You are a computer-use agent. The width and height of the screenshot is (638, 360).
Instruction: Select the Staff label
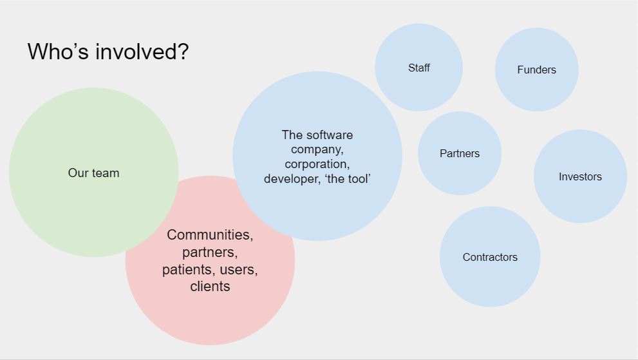(418, 68)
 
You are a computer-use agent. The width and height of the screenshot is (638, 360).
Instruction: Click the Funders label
(536, 70)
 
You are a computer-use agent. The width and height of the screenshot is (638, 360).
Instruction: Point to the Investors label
(580, 176)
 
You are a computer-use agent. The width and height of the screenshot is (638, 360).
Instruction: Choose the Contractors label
(490, 257)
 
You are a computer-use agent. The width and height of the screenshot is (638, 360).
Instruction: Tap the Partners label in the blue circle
(460, 153)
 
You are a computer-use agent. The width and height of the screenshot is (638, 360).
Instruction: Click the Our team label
(93, 173)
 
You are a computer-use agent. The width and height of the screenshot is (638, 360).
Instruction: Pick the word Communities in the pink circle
(209, 235)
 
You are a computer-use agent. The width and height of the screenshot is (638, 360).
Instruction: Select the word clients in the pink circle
(210, 287)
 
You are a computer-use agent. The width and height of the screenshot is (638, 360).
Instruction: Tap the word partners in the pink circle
(209, 252)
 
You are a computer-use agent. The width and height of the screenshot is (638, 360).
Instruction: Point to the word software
(329, 135)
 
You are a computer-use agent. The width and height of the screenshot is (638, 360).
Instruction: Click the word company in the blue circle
(317, 150)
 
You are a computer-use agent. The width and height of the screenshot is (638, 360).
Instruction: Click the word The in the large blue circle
(292, 135)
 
